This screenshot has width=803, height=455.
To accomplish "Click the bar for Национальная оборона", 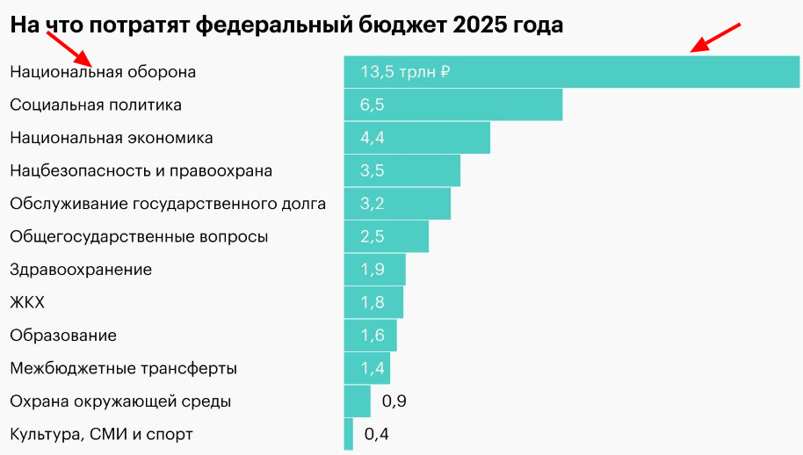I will point(571,72).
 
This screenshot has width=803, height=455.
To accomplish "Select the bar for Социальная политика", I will point(452,105).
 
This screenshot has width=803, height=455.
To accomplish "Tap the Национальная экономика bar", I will point(416,138).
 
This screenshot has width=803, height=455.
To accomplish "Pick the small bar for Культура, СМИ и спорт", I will point(349,434).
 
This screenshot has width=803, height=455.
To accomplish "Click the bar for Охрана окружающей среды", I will point(358,401).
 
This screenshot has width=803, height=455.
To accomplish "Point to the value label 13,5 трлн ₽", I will point(405,72).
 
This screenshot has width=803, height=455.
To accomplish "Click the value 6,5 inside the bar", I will point(373,105).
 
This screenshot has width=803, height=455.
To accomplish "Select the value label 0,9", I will point(394,401).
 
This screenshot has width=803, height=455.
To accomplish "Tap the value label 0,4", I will point(376,434).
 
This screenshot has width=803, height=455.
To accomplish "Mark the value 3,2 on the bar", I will point(373,204).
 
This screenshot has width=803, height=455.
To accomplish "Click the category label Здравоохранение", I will point(81,270).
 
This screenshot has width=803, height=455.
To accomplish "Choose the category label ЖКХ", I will point(27,302).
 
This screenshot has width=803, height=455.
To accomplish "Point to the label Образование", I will point(63,336).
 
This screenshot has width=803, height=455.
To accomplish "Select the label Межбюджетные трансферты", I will point(123,368).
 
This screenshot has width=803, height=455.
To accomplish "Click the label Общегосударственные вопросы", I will point(139,236).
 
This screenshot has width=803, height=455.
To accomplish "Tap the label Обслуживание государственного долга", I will point(168,204).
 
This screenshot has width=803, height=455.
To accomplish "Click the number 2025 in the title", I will point(481,25).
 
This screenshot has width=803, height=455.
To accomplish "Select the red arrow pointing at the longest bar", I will point(716,38).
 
